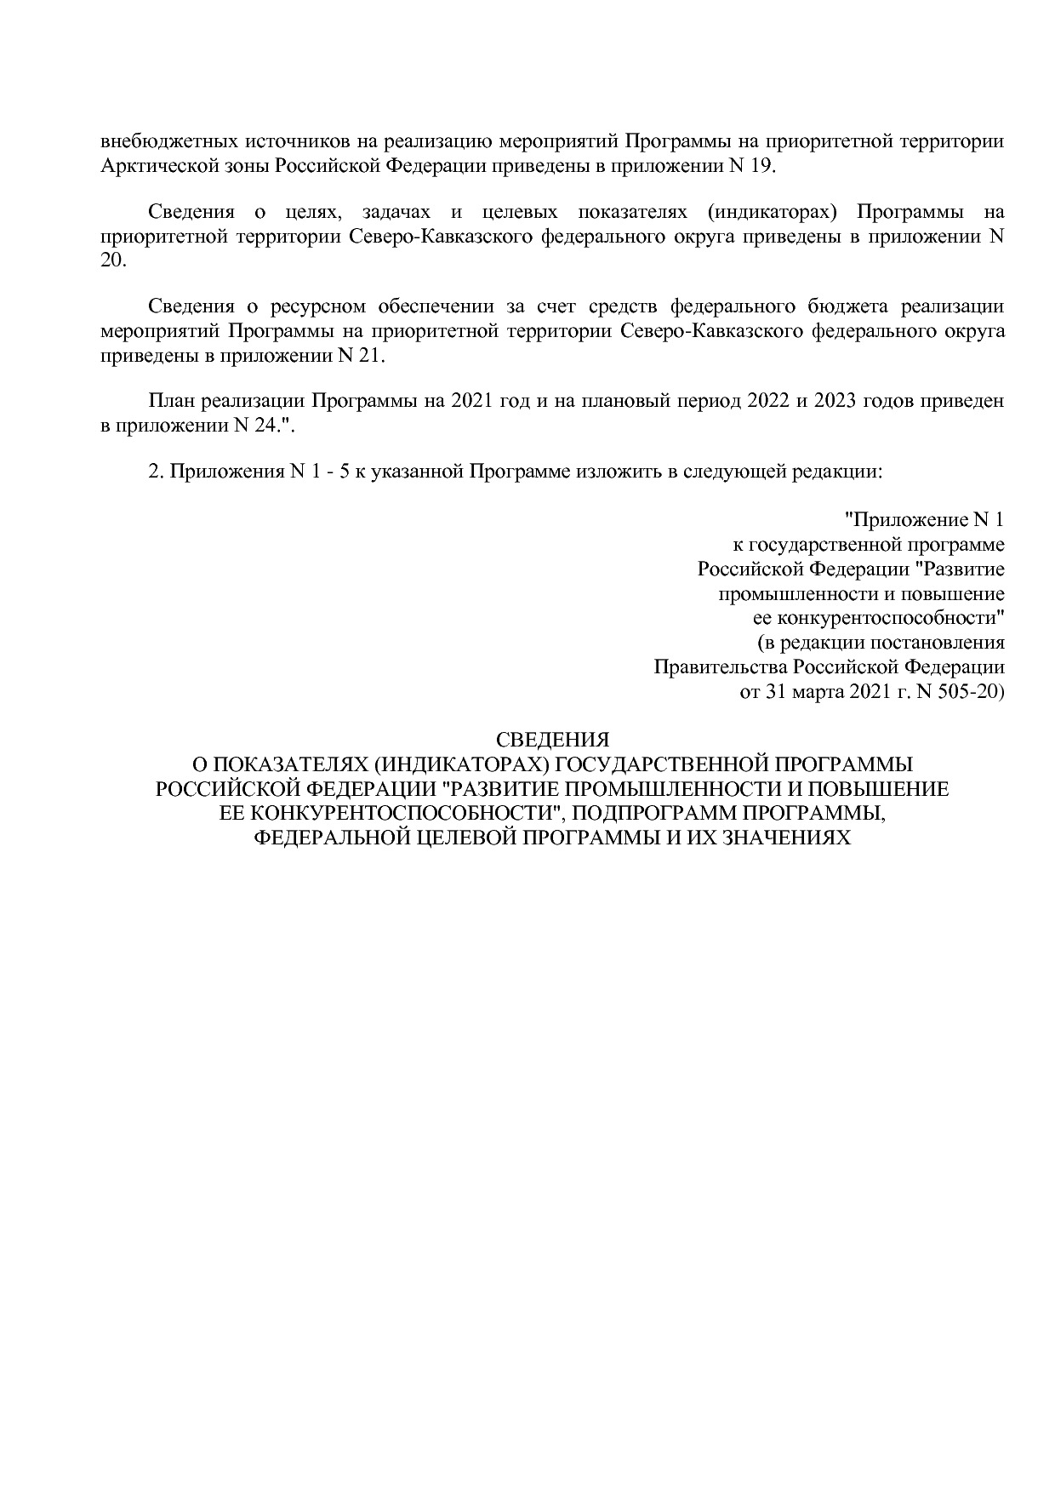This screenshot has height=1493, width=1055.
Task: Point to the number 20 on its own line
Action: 112,261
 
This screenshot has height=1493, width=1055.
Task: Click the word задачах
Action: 391,212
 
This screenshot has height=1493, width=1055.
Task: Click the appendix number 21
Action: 371,356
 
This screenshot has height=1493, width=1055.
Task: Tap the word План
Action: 168,401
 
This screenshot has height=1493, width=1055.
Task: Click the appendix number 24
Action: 264,426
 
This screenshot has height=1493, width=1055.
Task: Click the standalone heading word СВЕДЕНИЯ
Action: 552,740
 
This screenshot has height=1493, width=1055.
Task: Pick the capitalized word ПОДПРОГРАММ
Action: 650,814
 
